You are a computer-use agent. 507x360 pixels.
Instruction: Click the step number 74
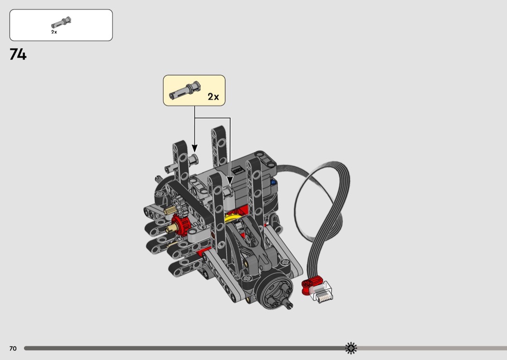18,55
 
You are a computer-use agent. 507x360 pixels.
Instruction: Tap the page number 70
13,348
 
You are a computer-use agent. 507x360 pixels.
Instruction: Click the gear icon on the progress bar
351,348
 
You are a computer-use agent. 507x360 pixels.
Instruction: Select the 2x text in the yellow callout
213,97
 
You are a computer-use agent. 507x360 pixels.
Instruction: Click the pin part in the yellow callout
185,90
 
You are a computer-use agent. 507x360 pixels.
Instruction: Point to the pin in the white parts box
61,23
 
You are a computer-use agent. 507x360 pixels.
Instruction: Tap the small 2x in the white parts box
54,32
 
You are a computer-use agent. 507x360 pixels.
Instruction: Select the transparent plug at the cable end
321,292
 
